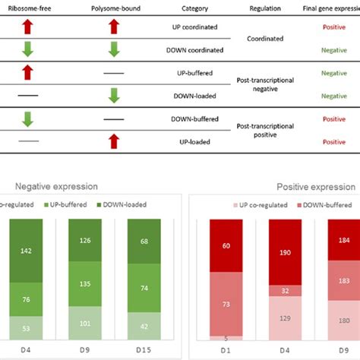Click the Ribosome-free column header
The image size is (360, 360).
pyautogui.click(x=27, y=8)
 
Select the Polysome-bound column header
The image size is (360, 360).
pyautogui.click(x=113, y=8)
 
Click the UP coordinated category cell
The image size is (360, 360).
pyautogui.click(x=194, y=27)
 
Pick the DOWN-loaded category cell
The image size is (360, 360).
pyautogui.click(x=195, y=96)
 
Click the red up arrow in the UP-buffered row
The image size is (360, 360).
pyautogui.click(x=27, y=73)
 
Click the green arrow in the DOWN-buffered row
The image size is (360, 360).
pyautogui.click(x=27, y=118)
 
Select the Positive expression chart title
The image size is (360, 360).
pyautogui.click(x=315, y=187)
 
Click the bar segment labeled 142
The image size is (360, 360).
pyautogui.click(x=28, y=251)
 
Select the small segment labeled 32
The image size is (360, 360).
pyautogui.click(x=286, y=290)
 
